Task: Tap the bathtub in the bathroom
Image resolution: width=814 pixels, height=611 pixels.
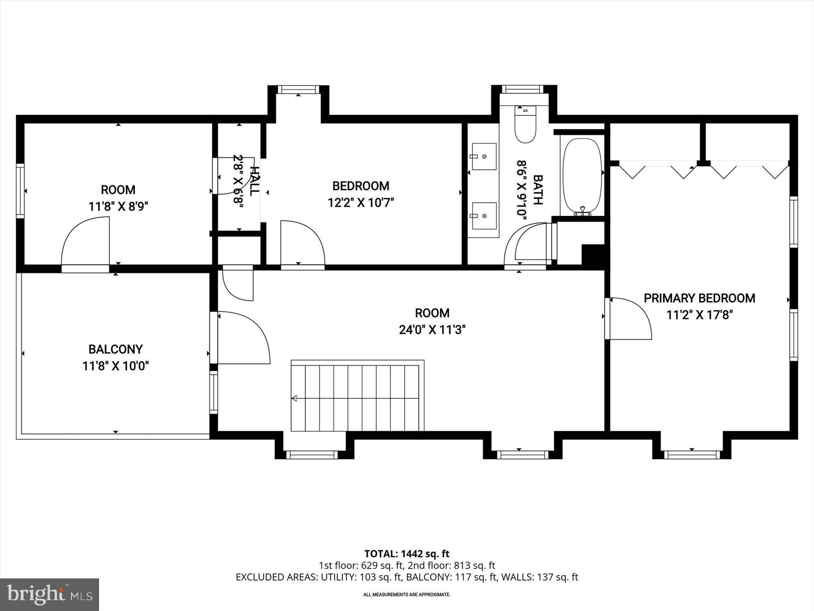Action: (582, 177)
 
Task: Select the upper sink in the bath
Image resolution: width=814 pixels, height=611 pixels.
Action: (484, 157)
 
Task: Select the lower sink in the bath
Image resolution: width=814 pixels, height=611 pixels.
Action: (484, 216)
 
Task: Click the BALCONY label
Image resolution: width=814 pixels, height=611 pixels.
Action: (115, 349)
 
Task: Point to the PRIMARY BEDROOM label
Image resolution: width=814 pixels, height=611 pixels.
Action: (699, 298)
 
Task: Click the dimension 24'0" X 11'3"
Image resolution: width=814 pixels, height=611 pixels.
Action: (432, 330)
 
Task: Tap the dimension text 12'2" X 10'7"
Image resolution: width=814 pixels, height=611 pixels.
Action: (360, 202)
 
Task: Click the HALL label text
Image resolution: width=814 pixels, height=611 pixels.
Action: (255, 181)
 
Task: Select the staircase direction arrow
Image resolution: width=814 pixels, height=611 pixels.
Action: (294, 398)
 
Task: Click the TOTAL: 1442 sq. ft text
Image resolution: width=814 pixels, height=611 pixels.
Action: (407, 554)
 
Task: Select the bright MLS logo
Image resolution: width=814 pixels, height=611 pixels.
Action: (49, 594)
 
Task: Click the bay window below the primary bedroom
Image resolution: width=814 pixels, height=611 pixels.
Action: (691, 454)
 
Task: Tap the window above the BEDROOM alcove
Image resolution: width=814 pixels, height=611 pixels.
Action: (298, 89)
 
